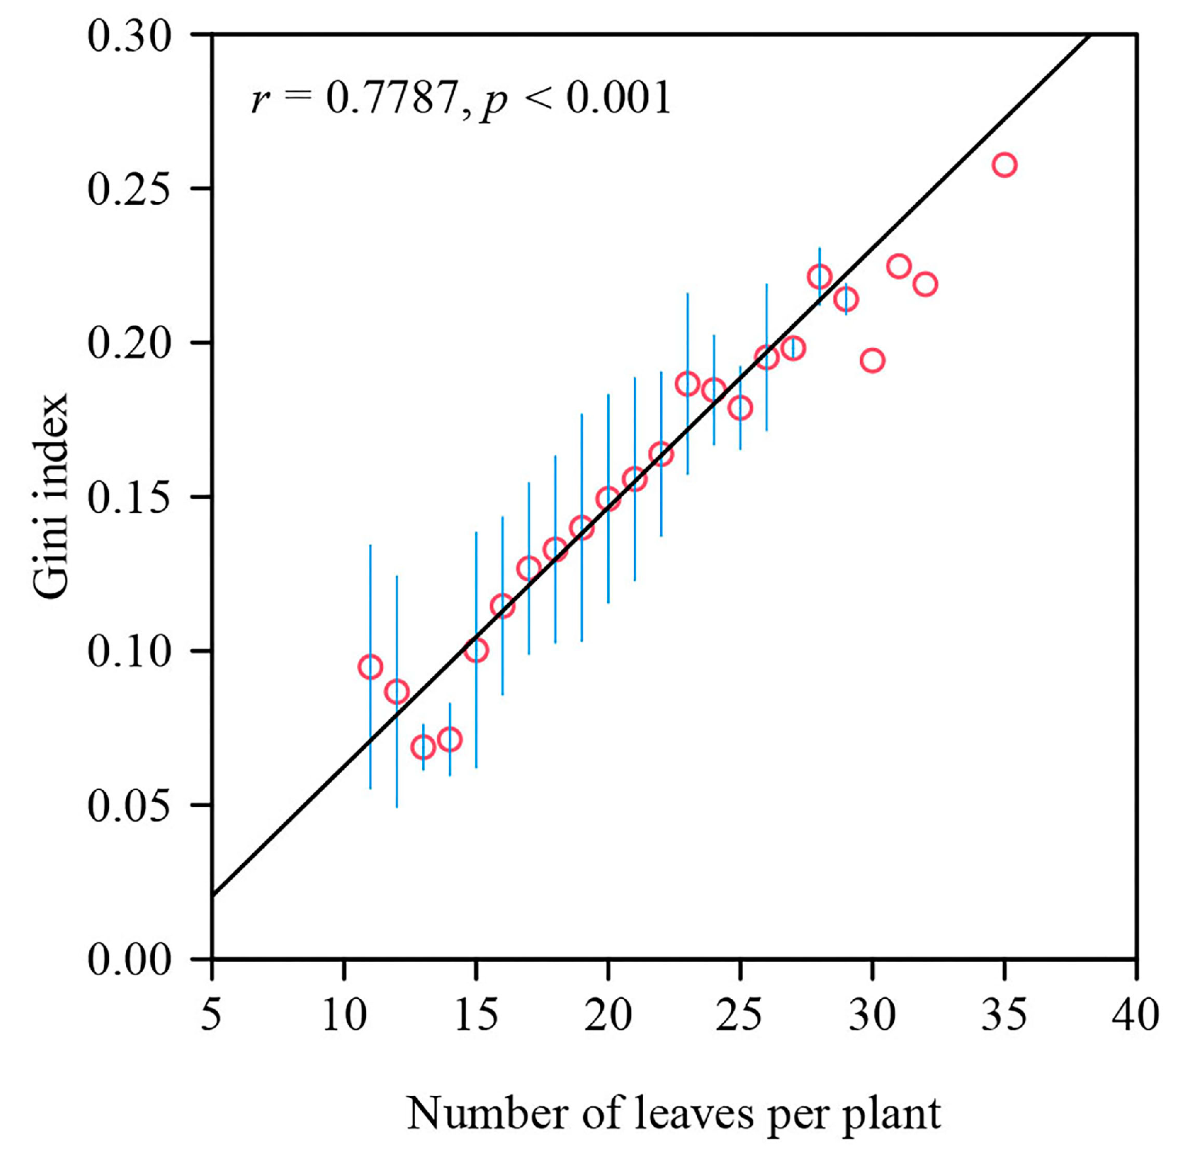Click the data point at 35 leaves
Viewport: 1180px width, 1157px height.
[x=1003, y=164]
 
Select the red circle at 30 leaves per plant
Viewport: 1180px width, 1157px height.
[x=872, y=360]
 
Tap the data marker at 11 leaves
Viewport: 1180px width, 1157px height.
[x=370, y=667]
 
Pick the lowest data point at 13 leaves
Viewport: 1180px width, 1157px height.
[x=423, y=747]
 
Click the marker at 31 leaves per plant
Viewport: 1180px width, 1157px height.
[x=898, y=266]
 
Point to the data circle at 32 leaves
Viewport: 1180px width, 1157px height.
[x=924, y=284]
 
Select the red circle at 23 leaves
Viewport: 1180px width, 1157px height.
[x=687, y=383]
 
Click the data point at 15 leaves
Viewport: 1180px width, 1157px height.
[x=476, y=650]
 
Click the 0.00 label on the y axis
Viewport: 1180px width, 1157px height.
[x=129, y=959]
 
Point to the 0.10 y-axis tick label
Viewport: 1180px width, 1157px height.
[x=129, y=652]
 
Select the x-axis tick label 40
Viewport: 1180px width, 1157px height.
[x=1135, y=1015]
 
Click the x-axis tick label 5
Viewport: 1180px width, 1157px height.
[x=211, y=1015]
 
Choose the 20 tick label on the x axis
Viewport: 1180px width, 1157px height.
[x=608, y=1015]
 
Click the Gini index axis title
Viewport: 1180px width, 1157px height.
[x=51, y=495]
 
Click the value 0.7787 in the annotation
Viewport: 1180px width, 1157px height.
[x=392, y=98]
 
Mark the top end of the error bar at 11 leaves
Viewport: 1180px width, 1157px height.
[x=370, y=545]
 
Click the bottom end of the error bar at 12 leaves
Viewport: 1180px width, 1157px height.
[x=396, y=807]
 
